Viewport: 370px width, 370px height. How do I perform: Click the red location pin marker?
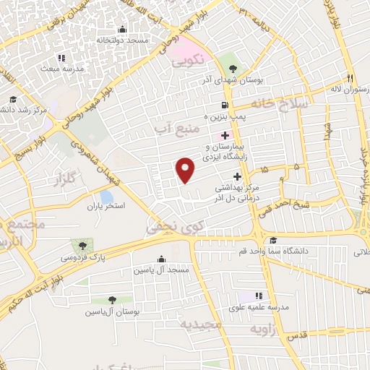186,169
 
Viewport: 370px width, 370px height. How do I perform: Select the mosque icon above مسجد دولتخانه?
121,30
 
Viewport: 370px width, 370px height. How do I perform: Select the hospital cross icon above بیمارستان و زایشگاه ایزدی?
225,135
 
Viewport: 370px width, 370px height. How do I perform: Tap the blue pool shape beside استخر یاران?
106,197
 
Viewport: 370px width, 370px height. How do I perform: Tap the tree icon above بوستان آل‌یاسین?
112,300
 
